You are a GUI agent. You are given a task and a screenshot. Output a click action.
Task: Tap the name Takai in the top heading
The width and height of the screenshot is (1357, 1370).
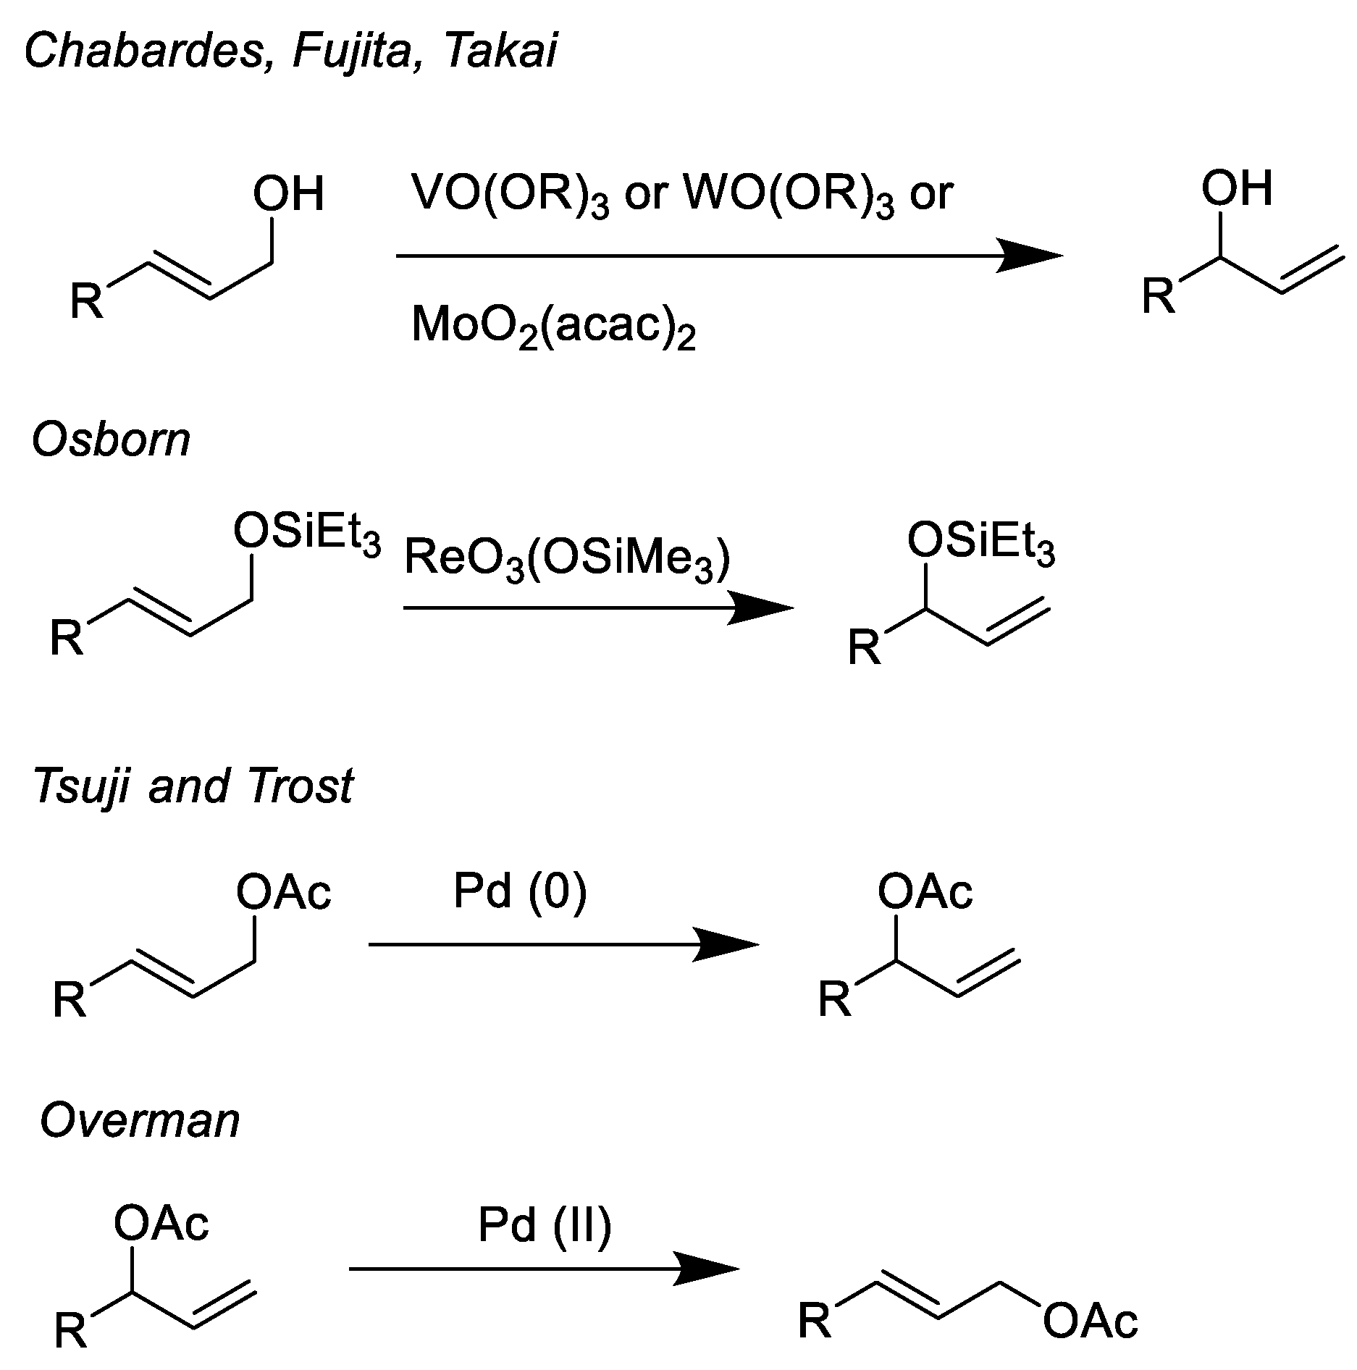point(501,52)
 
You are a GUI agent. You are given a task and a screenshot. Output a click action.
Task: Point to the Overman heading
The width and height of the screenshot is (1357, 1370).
point(140,1120)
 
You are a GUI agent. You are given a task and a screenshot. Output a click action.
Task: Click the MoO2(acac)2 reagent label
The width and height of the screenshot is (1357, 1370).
point(553,325)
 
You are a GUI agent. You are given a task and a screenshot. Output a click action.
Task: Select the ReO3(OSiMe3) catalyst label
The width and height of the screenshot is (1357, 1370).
point(567,560)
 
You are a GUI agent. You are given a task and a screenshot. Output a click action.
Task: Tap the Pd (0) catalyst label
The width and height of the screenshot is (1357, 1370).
point(520,891)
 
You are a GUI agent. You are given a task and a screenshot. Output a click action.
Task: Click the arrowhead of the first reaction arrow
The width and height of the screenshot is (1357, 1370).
point(1032,256)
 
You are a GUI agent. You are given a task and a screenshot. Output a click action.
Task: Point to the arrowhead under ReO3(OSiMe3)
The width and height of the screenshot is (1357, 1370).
point(764,608)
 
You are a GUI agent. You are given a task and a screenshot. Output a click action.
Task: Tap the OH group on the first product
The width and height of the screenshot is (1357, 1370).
point(1236,188)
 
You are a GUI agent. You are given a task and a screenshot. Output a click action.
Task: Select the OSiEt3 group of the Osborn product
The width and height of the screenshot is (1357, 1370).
point(980,541)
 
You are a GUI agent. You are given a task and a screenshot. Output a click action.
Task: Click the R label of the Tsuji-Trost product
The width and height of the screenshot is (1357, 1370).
point(834,1000)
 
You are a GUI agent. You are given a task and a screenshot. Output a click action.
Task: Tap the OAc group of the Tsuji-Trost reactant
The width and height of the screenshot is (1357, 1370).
point(283,892)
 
